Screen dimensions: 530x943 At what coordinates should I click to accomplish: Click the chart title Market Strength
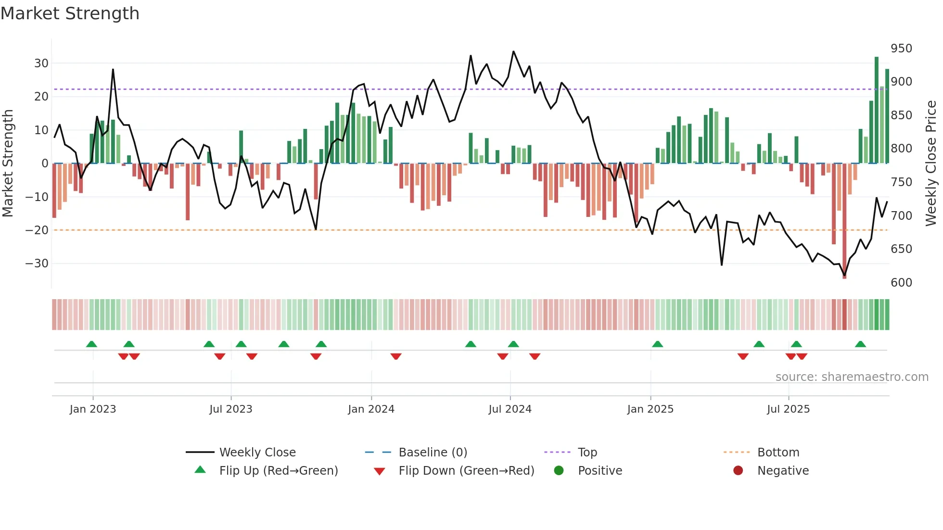[70, 13]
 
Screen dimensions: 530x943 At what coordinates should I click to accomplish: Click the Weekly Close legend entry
[257, 452]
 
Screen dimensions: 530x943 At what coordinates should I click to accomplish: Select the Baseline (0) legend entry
[433, 452]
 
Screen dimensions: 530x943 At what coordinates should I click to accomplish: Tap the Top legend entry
[587, 452]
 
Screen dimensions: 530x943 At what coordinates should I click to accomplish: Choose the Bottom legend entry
[777, 452]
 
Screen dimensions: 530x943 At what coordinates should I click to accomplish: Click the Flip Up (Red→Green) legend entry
[278, 470]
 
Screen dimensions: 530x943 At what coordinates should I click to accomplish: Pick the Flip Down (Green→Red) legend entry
[466, 470]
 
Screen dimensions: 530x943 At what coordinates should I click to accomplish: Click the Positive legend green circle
[559, 470]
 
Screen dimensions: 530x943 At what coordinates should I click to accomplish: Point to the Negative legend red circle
[738, 470]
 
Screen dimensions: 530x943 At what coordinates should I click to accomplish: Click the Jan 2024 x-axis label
[371, 409]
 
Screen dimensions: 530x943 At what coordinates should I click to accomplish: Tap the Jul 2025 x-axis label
[788, 409]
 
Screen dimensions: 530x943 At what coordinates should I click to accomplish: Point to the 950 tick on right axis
[901, 49]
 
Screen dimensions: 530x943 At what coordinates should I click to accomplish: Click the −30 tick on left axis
[37, 264]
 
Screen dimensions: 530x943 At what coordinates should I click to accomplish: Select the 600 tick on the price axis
[901, 283]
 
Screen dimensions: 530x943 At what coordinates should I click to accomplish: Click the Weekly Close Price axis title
[931, 164]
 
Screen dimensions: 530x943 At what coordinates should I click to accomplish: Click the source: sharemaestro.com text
[852, 377]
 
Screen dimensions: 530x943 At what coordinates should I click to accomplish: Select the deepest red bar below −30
[844, 221]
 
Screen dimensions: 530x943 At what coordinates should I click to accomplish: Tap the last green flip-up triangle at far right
[860, 344]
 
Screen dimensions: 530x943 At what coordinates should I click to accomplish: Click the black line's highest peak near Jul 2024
[513, 51]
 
